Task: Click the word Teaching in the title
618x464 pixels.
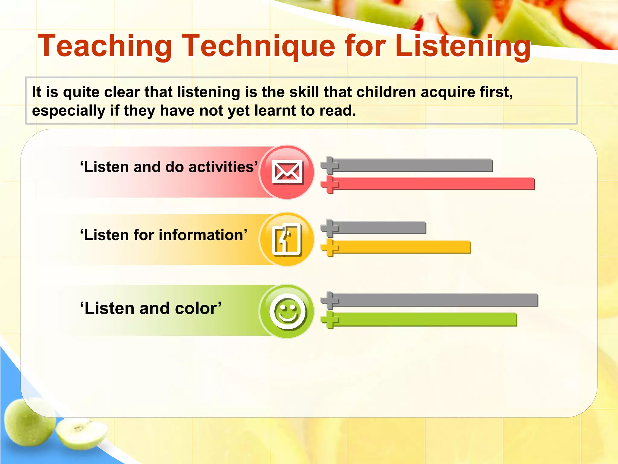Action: [x=104, y=46]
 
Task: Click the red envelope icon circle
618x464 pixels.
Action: [x=287, y=172]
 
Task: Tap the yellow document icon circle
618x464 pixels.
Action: [x=287, y=239]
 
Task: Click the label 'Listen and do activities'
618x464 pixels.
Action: [x=169, y=167]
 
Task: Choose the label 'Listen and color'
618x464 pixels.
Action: [x=151, y=308]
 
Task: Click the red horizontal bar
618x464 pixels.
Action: [x=435, y=184]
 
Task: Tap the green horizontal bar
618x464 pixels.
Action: [x=425, y=320]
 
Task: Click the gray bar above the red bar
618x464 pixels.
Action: [x=413, y=166]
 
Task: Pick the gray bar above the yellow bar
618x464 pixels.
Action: [x=380, y=227]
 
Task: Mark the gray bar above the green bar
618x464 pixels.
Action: [x=435, y=300]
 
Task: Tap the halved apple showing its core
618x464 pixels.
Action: [x=81, y=432]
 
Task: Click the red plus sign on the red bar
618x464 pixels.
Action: [x=330, y=184]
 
